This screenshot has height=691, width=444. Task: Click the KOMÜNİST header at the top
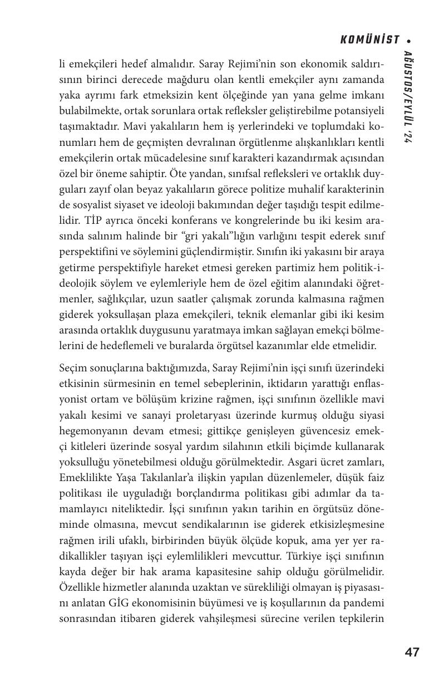click(x=369, y=40)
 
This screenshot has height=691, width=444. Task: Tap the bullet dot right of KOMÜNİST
click(x=409, y=41)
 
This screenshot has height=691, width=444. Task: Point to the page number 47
click(x=412, y=652)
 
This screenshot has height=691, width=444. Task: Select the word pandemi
click(x=366, y=603)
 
